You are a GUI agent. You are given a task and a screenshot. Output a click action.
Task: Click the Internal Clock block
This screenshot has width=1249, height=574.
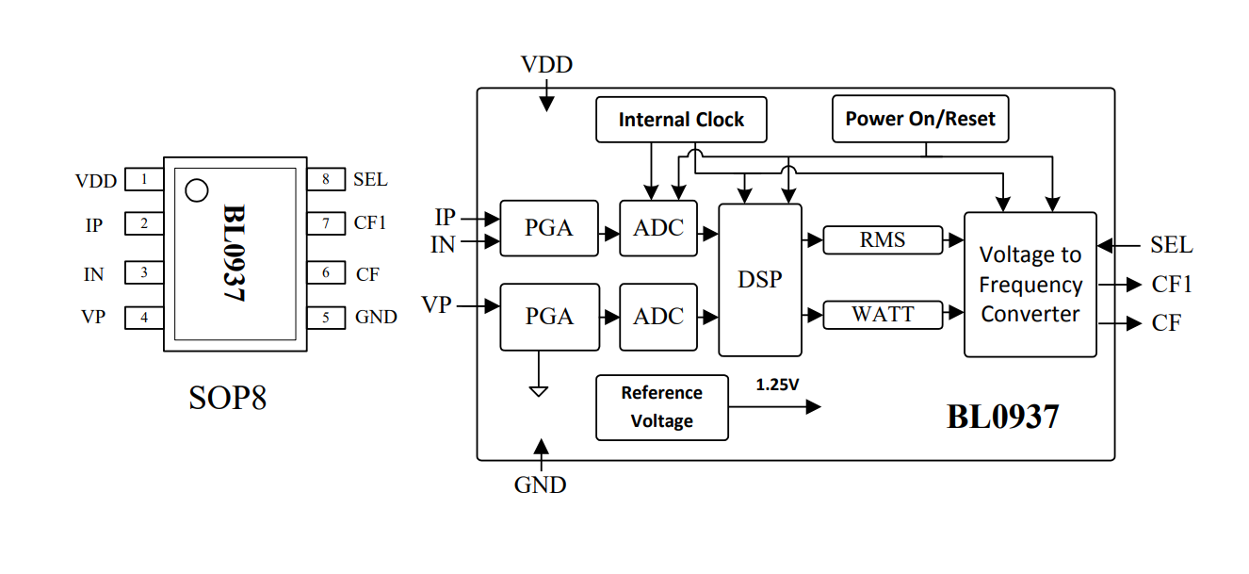click(681, 120)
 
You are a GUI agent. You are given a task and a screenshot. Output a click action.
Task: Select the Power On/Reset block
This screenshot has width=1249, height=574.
click(919, 119)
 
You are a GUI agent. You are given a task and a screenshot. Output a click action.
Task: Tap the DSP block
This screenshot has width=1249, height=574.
click(759, 280)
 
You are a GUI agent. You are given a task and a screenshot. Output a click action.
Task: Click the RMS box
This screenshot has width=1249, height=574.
click(882, 240)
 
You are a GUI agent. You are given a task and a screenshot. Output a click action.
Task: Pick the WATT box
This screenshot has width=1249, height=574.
click(882, 315)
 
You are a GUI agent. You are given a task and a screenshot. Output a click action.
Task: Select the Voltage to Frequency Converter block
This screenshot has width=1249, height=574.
click(1030, 285)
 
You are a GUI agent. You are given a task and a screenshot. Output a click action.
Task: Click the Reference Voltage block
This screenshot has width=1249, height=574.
click(661, 407)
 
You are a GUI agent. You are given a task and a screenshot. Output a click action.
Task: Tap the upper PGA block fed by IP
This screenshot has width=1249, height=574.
click(548, 228)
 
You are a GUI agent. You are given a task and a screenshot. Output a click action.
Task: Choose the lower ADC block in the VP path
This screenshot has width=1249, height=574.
click(657, 316)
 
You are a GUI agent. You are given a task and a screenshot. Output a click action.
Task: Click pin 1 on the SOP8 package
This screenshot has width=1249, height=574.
click(144, 179)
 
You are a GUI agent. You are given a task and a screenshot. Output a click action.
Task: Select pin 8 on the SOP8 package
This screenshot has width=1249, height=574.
click(326, 179)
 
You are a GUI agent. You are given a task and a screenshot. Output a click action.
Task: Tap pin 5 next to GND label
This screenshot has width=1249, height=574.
click(326, 318)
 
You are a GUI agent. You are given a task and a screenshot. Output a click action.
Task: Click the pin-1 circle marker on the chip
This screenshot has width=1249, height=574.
click(196, 190)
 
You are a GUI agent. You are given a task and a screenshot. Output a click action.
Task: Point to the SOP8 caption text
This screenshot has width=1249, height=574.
click(228, 398)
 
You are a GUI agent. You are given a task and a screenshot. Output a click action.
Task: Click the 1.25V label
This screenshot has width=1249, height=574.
click(778, 385)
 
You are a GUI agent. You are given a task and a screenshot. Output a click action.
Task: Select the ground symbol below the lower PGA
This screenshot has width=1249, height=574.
click(538, 389)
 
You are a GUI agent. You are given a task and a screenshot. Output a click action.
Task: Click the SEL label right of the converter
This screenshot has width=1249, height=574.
click(1171, 245)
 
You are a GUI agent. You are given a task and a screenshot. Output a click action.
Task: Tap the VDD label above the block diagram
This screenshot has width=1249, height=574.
click(546, 65)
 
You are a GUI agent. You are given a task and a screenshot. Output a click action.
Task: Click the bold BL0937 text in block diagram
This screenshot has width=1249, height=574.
click(1002, 416)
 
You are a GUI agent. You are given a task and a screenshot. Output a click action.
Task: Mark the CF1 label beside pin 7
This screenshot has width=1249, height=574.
click(370, 223)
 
